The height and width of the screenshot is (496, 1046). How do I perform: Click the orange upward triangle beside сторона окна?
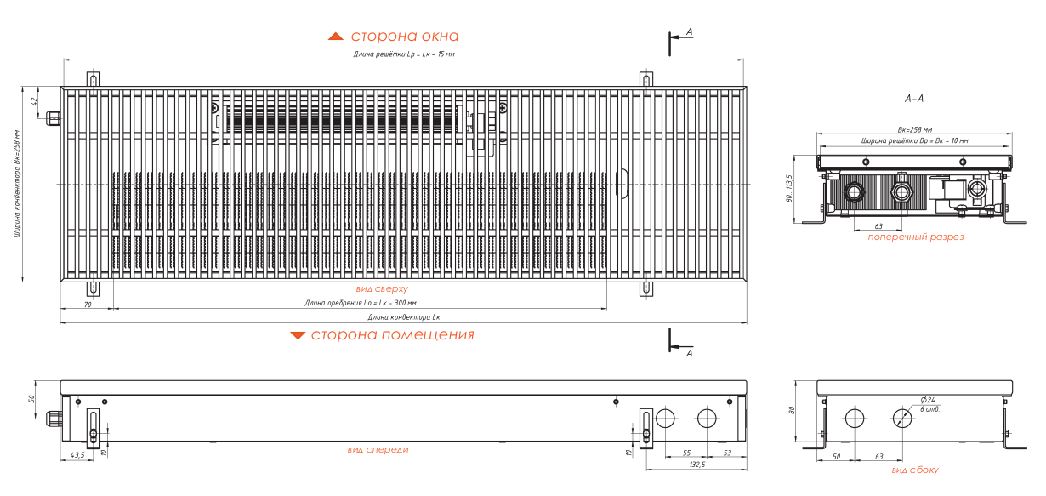coord(336,37)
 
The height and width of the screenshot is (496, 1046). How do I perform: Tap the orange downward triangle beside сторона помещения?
coord(298,335)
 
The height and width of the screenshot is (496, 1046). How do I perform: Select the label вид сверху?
coord(381,289)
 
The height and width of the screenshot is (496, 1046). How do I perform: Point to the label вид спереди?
coord(378,449)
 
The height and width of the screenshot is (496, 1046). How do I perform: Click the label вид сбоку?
coord(915,470)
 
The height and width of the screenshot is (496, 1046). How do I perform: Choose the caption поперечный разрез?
coord(915,237)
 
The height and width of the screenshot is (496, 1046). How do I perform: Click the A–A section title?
coord(914,100)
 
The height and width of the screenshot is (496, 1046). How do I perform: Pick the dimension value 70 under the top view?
coord(87,303)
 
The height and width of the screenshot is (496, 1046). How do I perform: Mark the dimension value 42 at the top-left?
coord(35,101)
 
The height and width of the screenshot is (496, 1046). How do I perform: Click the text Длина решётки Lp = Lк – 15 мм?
coord(404,54)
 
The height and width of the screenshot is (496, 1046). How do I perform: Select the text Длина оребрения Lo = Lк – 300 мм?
coord(361,303)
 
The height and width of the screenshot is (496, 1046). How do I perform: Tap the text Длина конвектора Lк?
coord(404,316)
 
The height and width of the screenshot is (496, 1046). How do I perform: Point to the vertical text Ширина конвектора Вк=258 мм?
coord(16,184)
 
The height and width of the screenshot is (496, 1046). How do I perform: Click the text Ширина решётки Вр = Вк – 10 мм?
coord(914,140)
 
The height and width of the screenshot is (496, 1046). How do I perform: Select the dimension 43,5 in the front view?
coord(77,455)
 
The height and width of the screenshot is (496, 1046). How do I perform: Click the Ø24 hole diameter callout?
coord(927,400)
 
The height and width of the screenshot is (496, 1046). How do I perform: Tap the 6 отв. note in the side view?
coord(929,409)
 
